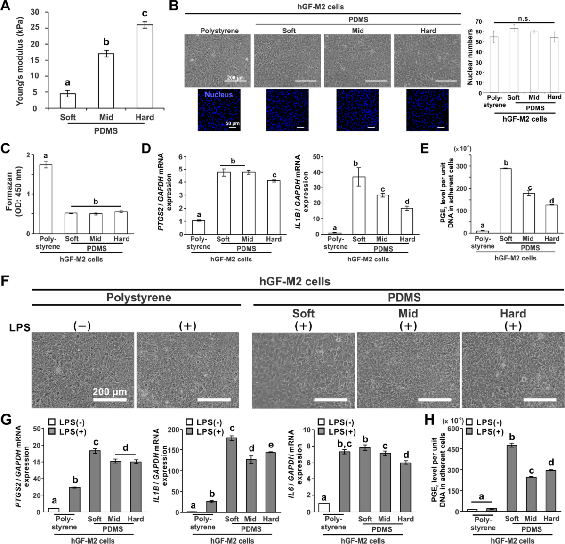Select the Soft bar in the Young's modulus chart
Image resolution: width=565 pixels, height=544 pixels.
[68, 101]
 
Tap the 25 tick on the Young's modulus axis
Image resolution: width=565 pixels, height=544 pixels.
[34, 28]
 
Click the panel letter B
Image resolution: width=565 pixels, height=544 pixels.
[173, 6]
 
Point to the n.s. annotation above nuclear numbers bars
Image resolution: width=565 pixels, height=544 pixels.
[524, 19]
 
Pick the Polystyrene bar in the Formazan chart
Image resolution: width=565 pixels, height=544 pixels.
[46, 199]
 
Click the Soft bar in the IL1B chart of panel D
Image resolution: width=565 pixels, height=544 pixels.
[359, 205]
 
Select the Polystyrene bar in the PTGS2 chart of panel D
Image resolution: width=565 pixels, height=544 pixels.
[198, 227]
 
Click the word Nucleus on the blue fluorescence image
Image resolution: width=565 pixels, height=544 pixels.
[218, 95]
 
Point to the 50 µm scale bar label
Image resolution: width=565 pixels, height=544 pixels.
[232, 123]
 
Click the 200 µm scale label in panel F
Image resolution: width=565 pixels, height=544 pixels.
[110, 392]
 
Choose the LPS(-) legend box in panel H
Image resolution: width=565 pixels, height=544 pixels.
[469, 423]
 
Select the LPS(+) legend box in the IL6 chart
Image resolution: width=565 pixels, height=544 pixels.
[322, 431]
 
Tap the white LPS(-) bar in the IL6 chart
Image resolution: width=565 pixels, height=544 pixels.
[323, 507]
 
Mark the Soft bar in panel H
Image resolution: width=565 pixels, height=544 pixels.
[511, 478]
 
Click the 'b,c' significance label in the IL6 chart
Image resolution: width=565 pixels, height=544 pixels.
[345, 443]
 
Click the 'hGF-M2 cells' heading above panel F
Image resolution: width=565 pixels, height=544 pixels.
[295, 282]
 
